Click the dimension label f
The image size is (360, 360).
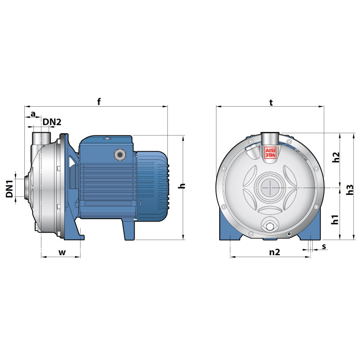pos(99,101)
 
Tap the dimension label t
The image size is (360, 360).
pos(271,103)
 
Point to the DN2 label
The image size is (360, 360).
pos(52,122)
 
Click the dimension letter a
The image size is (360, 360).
pos(33,114)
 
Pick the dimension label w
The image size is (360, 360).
pos(62,252)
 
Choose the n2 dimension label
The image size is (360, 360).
pos(274,252)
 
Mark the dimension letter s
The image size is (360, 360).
pos(324,247)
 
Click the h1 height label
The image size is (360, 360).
pos(335,220)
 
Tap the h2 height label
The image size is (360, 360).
pos(336,157)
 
